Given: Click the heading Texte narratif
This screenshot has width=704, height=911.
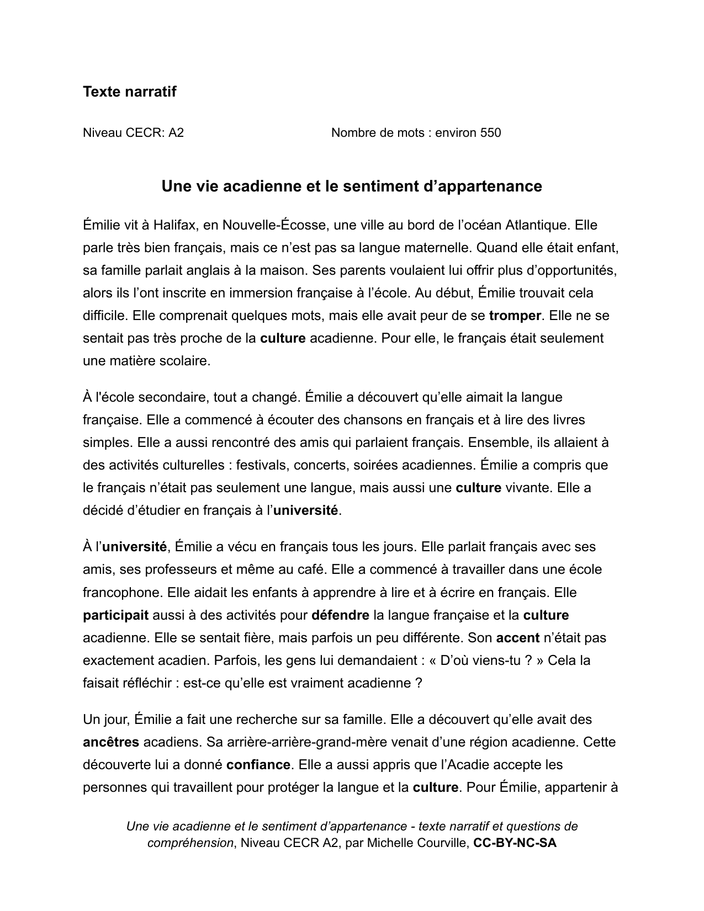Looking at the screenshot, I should pos(129,92).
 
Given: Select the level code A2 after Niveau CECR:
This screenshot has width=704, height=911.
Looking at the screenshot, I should pos(176,132).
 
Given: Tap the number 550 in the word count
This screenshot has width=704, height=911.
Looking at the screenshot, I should pos(490,132).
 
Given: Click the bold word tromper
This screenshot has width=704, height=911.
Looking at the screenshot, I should pos(515,316).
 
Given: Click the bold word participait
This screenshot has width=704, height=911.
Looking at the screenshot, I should pos(115,615).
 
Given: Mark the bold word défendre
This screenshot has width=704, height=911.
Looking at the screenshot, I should pos(340,615).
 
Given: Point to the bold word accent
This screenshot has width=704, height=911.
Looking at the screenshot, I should pos(517,638).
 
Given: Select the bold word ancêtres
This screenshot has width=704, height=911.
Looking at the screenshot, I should pos(111,742).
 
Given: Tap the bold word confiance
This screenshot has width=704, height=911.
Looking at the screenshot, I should pos(258,765).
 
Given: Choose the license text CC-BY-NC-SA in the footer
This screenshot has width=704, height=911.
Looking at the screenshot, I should pos(515,843).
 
